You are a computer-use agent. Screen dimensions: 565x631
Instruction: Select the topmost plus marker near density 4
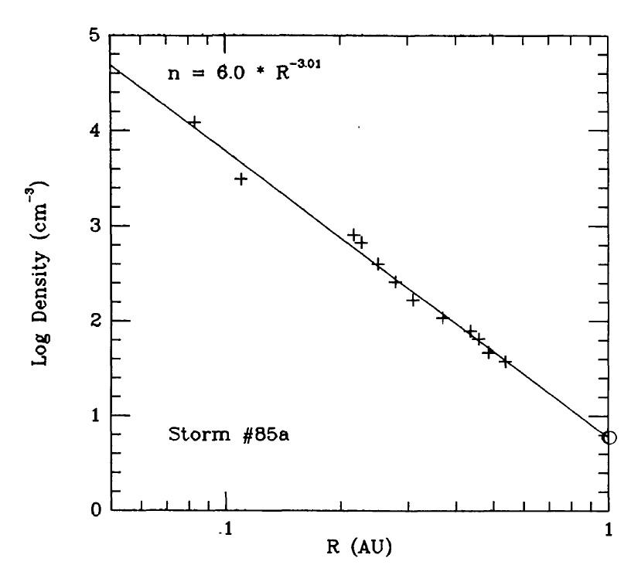point(194,122)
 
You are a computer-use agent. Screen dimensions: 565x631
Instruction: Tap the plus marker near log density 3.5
point(240,179)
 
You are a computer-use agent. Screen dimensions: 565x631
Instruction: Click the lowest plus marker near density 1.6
point(505,361)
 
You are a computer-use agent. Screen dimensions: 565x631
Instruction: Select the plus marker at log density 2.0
point(442,317)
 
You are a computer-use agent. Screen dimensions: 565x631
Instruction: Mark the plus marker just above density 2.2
point(413,300)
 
